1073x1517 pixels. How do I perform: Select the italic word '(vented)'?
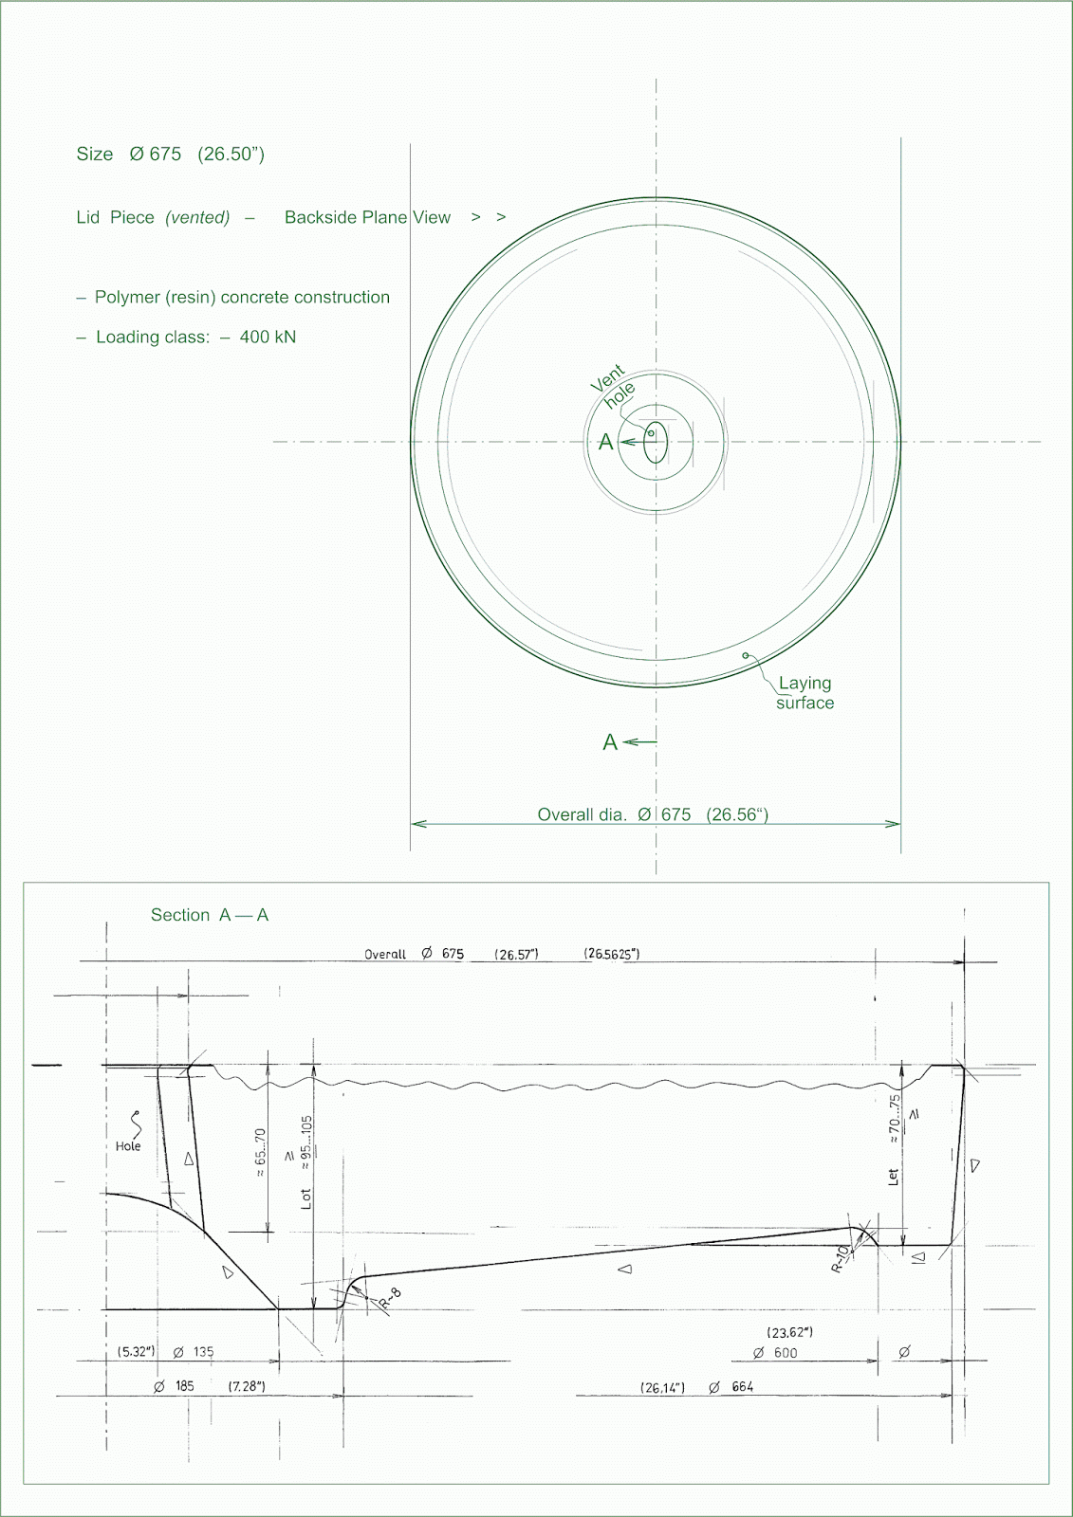click(x=197, y=218)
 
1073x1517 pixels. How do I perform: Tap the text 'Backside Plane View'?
click(x=367, y=218)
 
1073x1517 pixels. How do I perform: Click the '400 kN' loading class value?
click(x=268, y=338)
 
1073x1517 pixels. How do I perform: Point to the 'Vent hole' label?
click(x=613, y=386)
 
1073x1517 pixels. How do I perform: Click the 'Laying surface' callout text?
click(x=805, y=693)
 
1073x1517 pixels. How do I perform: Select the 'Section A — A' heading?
click(x=210, y=916)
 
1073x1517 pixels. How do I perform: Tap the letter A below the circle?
click(x=610, y=742)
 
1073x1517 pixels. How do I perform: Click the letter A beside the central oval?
click(x=605, y=443)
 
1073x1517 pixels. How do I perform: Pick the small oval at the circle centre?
click(x=656, y=443)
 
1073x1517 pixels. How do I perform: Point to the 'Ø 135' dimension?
click(x=194, y=1352)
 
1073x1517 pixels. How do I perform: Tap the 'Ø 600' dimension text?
click(x=775, y=1353)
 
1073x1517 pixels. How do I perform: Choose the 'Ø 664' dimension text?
click(x=731, y=1387)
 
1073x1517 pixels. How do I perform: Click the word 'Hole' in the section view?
click(x=128, y=1146)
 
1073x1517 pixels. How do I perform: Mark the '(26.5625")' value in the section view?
click(x=611, y=954)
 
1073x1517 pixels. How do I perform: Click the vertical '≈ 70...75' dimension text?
click(x=894, y=1120)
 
